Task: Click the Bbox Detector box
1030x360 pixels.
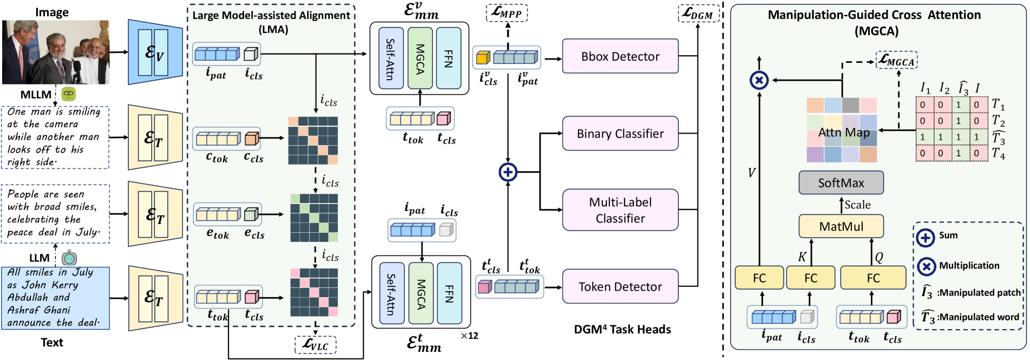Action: (x=620, y=56)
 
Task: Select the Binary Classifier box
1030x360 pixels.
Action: (x=620, y=134)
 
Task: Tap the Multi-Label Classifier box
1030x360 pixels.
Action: (x=620, y=210)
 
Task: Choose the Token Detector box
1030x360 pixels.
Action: (x=620, y=286)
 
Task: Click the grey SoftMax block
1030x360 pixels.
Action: (x=841, y=183)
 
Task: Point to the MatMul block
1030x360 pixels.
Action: (x=841, y=226)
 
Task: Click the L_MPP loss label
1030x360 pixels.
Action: (x=507, y=12)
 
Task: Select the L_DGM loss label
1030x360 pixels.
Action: (x=698, y=14)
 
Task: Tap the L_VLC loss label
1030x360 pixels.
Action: (x=315, y=345)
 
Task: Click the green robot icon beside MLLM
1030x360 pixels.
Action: (x=68, y=94)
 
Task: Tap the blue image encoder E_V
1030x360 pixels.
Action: (x=155, y=53)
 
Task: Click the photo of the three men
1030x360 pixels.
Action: (x=56, y=53)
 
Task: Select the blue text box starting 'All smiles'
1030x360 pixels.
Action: (x=55, y=298)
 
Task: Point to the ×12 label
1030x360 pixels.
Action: (x=469, y=336)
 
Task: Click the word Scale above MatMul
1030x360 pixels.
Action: (x=857, y=205)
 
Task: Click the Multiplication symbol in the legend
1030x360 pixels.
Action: (x=926, y=266)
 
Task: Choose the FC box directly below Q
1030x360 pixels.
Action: (x=872, y=278)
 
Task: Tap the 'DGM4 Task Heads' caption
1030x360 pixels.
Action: (x=622, y=330)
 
